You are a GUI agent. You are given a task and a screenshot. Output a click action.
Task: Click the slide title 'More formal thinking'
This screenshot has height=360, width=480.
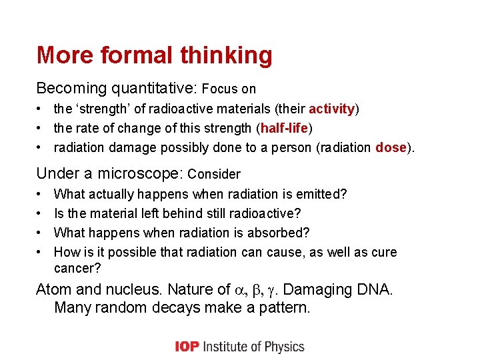[154, 55]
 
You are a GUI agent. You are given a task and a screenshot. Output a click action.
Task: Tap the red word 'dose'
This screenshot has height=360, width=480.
[391, 147]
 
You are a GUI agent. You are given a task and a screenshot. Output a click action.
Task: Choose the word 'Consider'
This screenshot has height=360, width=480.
[214, 175]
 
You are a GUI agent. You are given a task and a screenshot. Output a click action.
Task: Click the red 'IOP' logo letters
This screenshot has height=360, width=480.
[187, 346]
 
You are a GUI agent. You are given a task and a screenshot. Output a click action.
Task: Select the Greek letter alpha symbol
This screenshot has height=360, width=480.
[241, 290]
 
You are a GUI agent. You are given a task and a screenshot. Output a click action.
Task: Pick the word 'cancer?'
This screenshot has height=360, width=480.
[78, 267]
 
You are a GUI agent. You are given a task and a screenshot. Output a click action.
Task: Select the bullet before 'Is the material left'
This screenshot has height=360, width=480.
[41, 213]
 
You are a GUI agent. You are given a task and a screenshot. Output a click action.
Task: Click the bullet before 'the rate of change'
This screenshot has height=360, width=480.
[41, 128]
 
